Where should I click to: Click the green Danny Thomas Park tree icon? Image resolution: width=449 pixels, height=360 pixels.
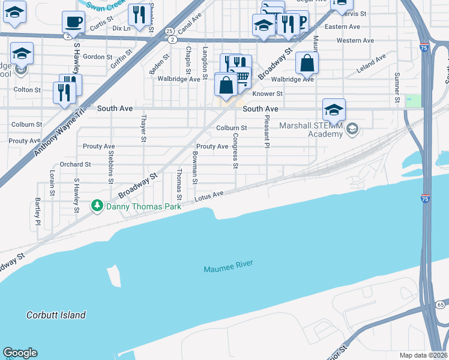[x=97, y=206]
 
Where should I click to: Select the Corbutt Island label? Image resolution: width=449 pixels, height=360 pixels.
[x=56, y=315]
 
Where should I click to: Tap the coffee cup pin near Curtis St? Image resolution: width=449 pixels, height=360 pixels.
[x=73, y=22]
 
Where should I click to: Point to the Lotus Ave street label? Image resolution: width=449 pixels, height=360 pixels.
[x=209, y=196]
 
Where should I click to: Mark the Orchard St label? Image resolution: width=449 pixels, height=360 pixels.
[x=75, y=164]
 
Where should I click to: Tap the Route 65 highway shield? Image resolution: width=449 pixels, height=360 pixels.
[x=441, y=305]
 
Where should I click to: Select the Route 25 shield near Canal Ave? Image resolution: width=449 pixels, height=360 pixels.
[x=169, y=31]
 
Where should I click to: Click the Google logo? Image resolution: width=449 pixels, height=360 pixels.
[x=20, y=353]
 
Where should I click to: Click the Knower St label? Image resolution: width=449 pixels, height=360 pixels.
[x=267, y=94]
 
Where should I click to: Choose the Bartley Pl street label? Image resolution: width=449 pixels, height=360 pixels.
[x=37, y=208]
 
